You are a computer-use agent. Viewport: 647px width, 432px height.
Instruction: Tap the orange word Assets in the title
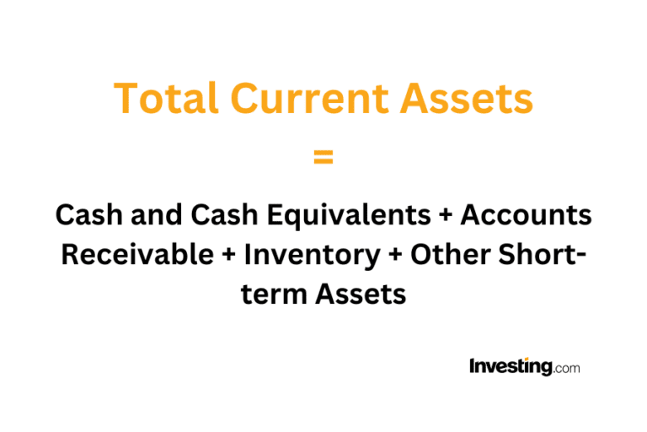pos(467,100)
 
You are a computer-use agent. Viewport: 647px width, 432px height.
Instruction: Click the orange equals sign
pos(323,157)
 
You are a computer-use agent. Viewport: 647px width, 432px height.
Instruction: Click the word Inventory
pos(304,255)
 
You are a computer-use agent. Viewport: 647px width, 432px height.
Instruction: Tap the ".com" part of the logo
pos(567,369)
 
